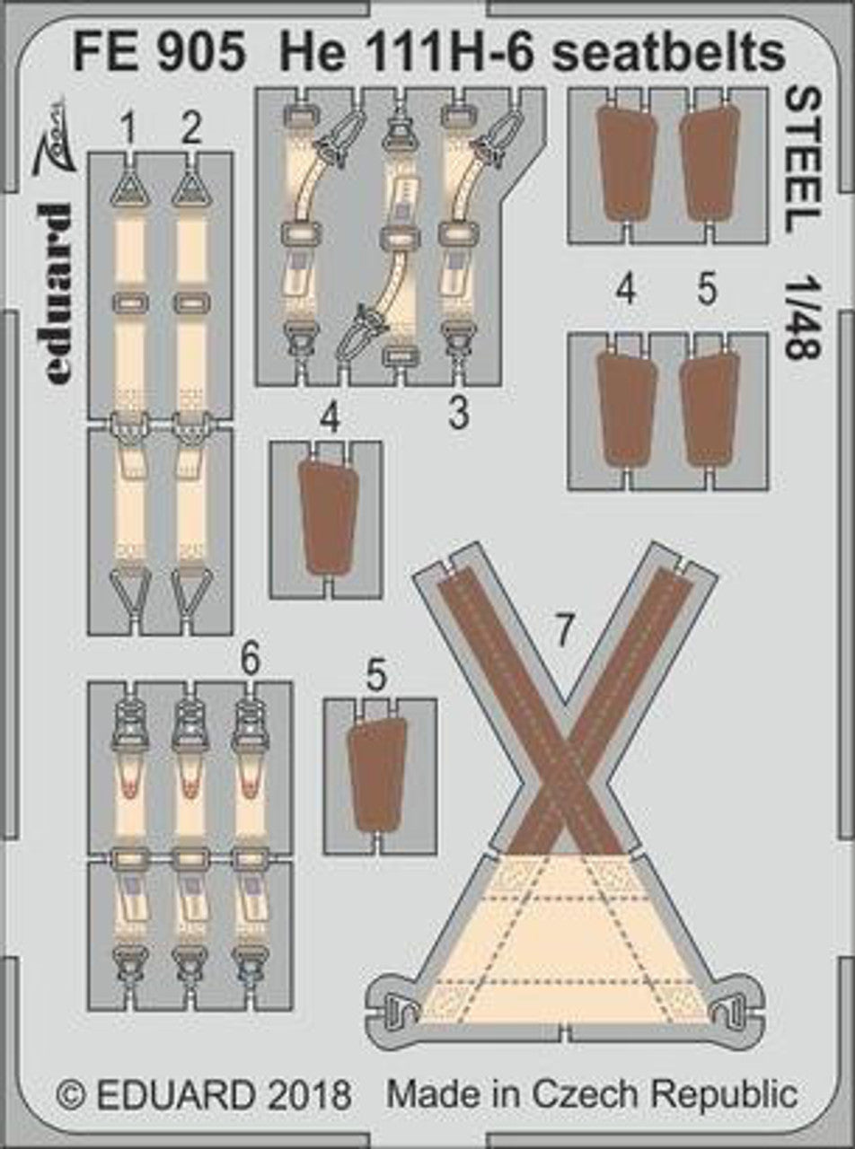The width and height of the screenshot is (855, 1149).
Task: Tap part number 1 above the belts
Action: click(x=129, y=130)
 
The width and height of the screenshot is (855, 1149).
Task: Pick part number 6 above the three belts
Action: click(x=250, y=662)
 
